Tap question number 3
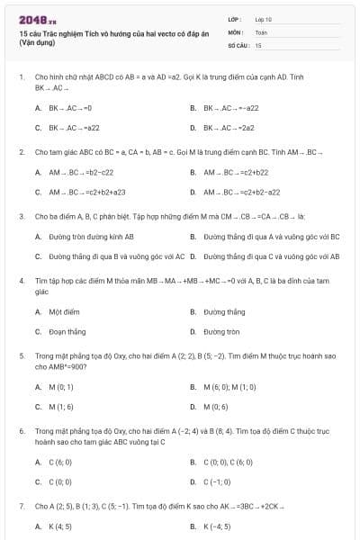pyautogui.click(x=21, y=216)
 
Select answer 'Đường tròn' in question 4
pyautogui.click(x=220, y=331)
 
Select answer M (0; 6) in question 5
pyautogui.click(x=216, y=406)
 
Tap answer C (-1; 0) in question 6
pyautogui.click(x=218, y=481)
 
